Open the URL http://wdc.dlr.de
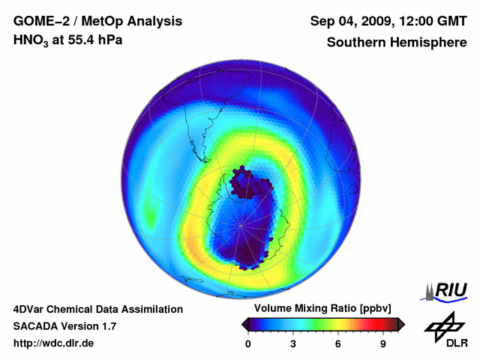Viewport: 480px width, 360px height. tap(54, 343)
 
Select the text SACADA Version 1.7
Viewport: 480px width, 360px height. tap(64, 326)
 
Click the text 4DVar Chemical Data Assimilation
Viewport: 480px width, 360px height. tap(98, 309)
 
